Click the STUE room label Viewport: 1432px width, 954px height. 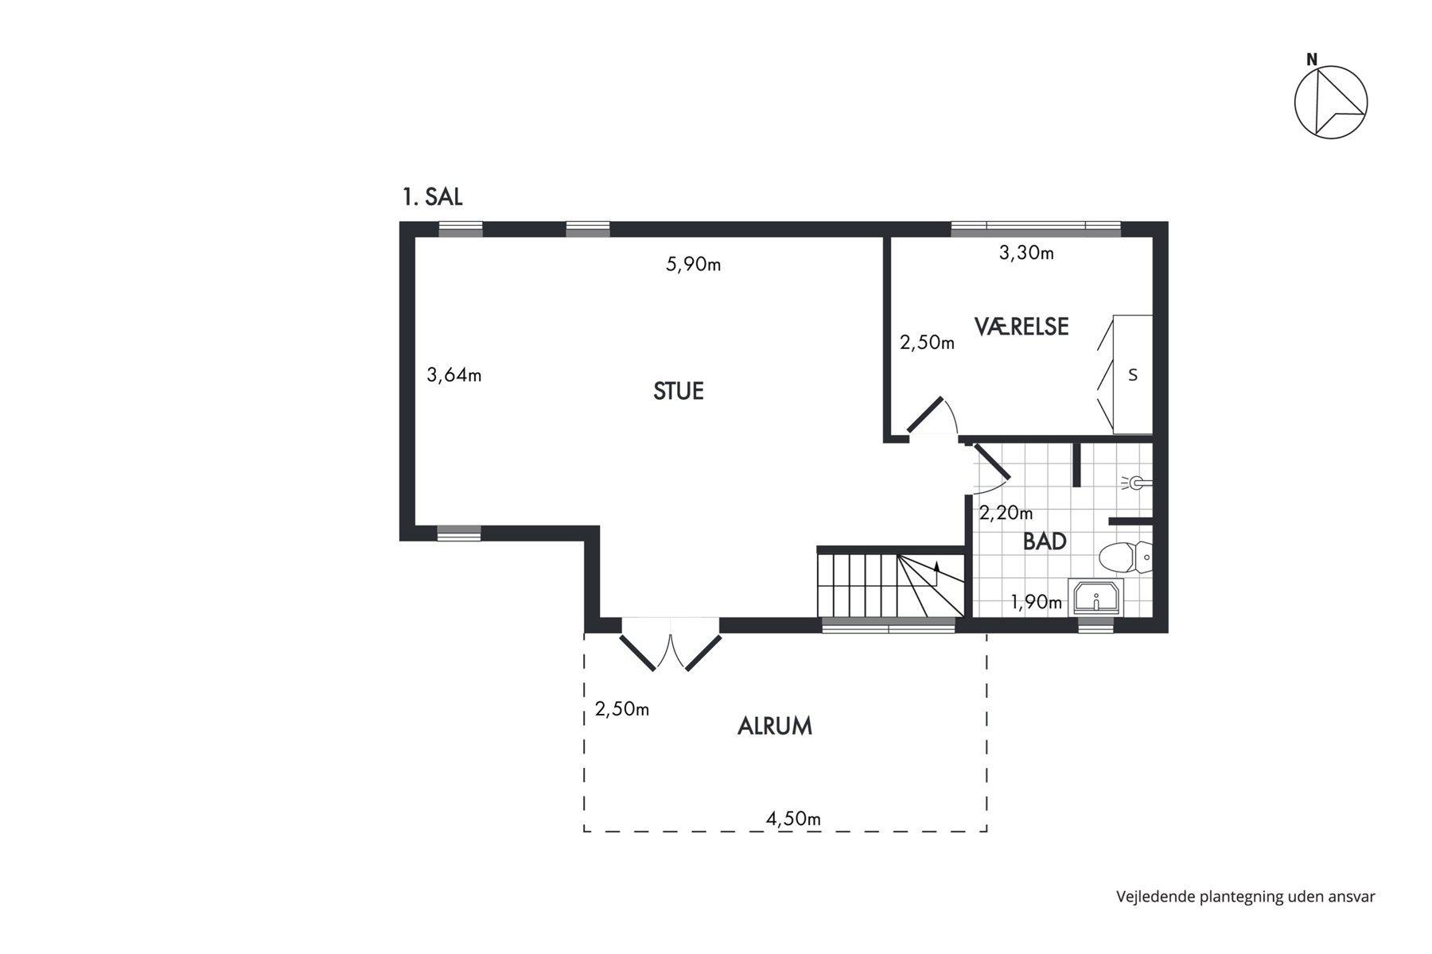coord(679,391)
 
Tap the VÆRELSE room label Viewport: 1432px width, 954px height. coord(1021,326)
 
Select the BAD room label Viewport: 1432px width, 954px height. coord(1045,541)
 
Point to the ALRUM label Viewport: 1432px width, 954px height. coord(775,726)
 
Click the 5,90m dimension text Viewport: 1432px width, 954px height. coord(694,264)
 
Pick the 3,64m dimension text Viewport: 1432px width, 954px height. coord(454,374)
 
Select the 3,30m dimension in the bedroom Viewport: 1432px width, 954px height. coord(1026,253)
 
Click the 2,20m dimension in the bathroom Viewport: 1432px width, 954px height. coord(1006,513)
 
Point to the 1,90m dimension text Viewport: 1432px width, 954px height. coord(1037,602)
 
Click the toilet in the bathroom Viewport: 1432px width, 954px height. coord(1125,557)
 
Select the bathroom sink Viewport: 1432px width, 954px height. coord(1095,596)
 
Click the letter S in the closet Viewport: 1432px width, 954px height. coord(1133,375)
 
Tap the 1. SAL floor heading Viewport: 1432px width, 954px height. coord(433,197)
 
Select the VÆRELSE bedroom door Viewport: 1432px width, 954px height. coord(932,416)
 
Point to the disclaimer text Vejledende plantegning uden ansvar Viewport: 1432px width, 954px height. coord(1246,897)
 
